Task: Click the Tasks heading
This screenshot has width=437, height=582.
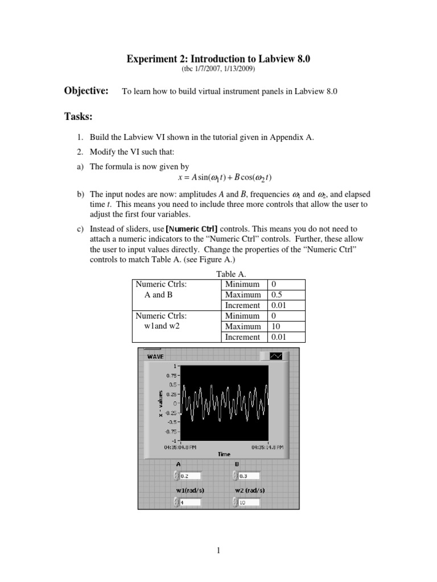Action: (x=79, y=117)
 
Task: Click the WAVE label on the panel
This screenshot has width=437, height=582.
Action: (x=155, y=356)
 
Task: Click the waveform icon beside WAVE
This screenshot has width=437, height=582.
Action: (x=276, y=356)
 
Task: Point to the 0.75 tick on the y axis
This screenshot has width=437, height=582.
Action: (x=170, y=375)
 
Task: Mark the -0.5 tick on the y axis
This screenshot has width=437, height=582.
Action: (x=170, y=422)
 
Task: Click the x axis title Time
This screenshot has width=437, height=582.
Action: (x=224, y=454)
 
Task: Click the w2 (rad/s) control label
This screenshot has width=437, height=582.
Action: (x=249, y=490)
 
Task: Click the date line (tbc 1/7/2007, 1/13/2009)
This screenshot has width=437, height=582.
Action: (x=218, y=69)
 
